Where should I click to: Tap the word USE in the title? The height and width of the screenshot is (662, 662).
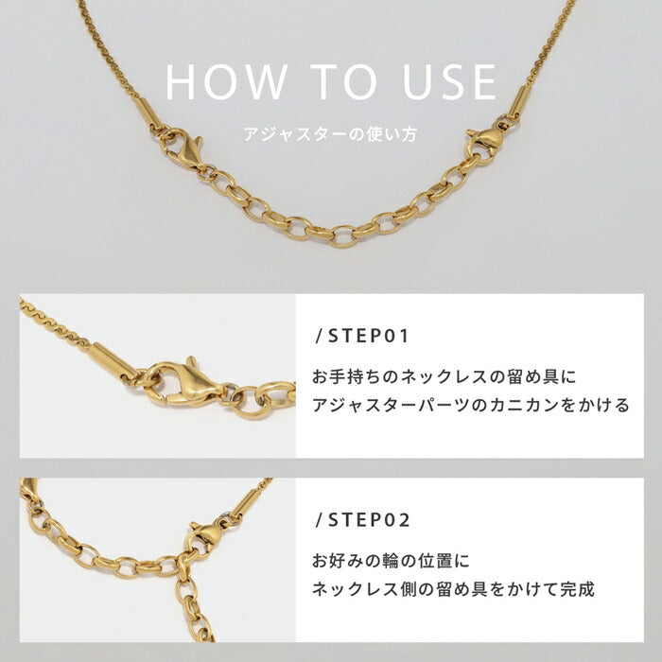click(449, 82)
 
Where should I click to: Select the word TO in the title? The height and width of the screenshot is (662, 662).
click(343, 82)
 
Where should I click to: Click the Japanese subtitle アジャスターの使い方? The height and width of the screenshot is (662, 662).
click(331, 134)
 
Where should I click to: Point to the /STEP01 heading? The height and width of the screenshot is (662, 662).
click(362, 336)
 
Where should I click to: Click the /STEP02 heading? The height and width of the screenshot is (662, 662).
click(362, 520)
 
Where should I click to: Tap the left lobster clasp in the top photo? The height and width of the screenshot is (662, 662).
click(185, 149)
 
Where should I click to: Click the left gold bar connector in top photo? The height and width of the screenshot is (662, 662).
click(148, 113)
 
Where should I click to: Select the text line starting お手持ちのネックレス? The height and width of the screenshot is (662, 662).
click(444, 376)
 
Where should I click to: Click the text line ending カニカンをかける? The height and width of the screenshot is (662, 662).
click(471, 406)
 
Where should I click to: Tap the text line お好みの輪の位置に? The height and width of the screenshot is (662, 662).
click(391, 561)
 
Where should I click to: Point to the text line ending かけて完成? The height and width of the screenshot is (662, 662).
click(453, 589)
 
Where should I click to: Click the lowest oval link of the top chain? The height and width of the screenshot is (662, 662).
click(342, 236)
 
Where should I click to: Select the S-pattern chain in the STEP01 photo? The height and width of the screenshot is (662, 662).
click(54, 323)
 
